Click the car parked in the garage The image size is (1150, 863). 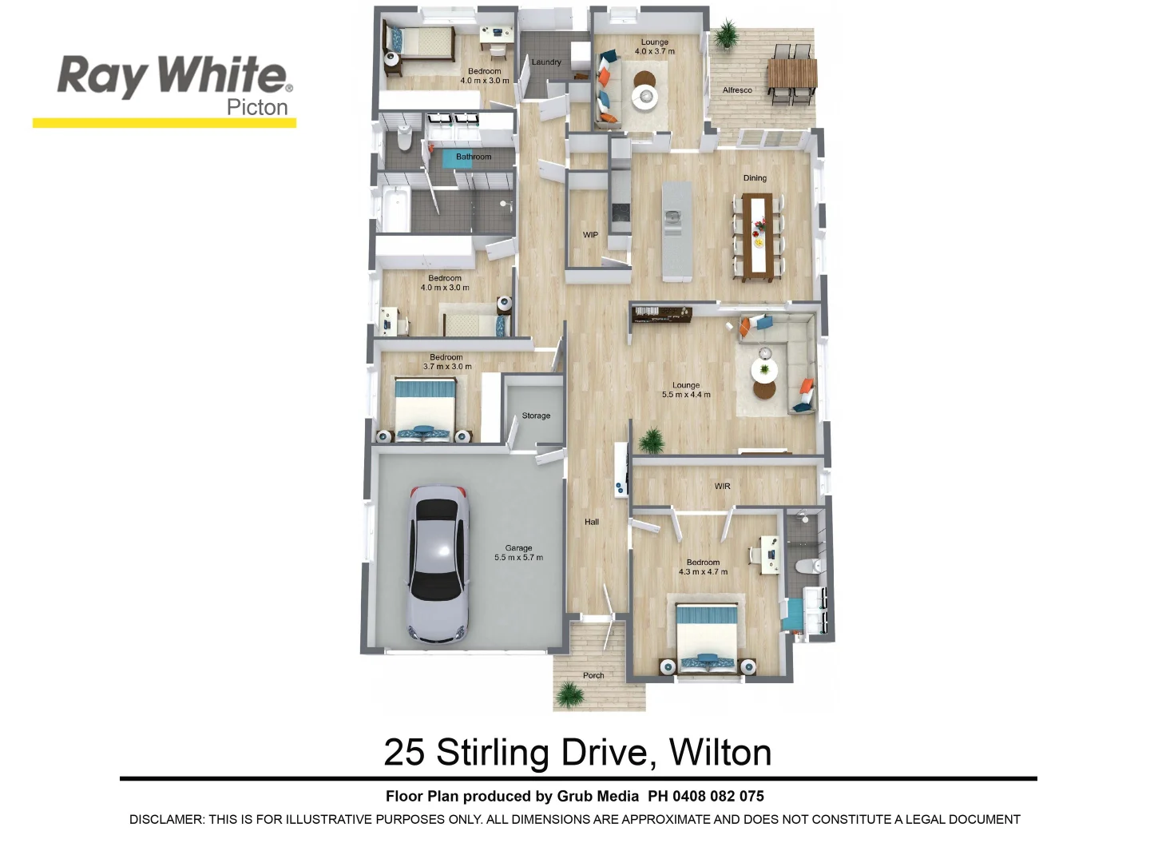coord(437,564)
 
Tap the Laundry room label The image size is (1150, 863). coord(546,62)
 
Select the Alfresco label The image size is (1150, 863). coord(737,90)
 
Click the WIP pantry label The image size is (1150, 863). coord(590,235)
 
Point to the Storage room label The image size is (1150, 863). coord(536,416)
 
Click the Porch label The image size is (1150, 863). coord(593,676)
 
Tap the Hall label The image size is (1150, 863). coord(592,523)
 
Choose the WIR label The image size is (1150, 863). coord(722,487)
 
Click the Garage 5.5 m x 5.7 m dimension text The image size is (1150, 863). coord(518,558)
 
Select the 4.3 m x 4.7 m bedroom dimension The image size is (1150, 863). coord(703,572)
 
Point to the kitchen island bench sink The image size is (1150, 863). coord(673,217)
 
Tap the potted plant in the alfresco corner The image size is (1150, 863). coord(726,34)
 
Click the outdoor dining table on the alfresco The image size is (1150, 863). coord(792,75)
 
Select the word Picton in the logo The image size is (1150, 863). coord(257,107)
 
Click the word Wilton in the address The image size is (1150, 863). coord(720,753)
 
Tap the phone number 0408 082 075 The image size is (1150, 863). coord(718,797)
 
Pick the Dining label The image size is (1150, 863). coord(755,178)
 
